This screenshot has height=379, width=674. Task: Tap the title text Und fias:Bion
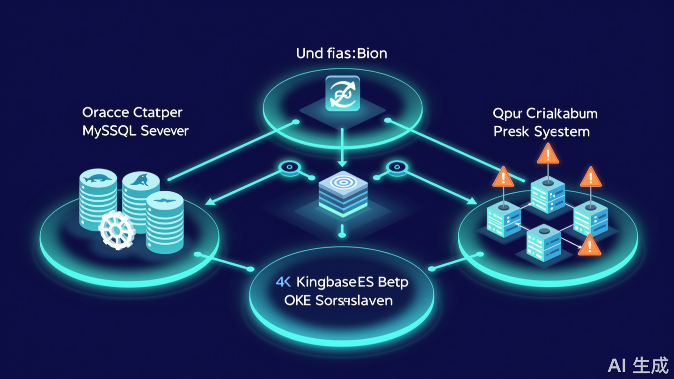point(342,53)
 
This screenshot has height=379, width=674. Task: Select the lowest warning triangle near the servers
point(589,245)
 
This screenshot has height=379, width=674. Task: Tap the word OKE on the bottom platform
point(297,300)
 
